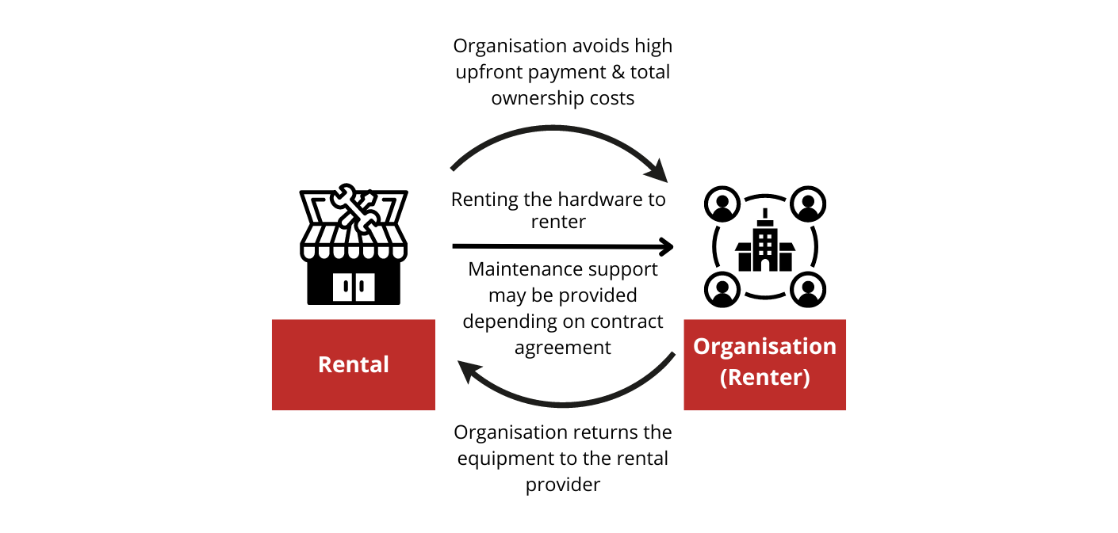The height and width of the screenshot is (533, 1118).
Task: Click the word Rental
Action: [x=353, y=364]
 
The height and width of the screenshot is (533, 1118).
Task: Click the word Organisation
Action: [x=764, y=346]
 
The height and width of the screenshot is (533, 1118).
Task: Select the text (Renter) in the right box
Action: [x=764, y=377]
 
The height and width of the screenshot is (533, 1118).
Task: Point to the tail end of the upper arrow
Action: [x=452, y=169]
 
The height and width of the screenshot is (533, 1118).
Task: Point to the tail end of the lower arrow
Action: [x=674, y=354]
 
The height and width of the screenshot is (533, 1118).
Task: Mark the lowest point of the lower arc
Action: [x=563, y=405]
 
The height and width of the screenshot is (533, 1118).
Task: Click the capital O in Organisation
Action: [x=702, y=346]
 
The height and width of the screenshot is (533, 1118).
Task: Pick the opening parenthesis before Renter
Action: [x=723, y=378]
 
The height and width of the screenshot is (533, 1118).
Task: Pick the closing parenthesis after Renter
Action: [x=806, y=378]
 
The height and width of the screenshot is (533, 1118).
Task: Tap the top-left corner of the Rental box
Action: [x=272, y=320]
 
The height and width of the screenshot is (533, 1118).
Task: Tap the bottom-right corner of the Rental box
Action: [x=435, y=410]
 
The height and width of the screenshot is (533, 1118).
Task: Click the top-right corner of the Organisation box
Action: [x=846, y=320]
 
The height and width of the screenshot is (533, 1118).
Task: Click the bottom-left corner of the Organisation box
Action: [x=684, y=410]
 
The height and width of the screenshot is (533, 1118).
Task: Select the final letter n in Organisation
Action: [x=829, y=348]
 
